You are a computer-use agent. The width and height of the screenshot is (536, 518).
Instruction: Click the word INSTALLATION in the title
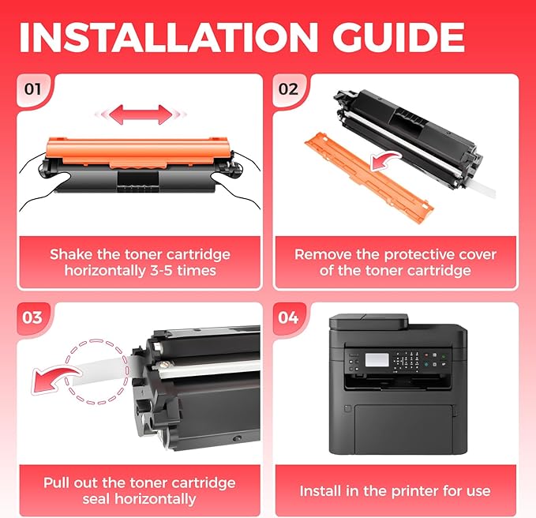pos(168,37)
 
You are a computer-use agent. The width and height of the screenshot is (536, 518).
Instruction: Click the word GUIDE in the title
pos(399,37)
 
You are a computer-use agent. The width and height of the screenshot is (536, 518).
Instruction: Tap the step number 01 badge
pos(32,89)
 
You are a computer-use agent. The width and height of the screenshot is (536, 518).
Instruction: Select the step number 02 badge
pos(288,89)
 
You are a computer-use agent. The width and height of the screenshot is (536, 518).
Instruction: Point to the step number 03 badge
pos(32,317)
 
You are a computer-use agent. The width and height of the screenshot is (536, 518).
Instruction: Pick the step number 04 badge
pos(288,317)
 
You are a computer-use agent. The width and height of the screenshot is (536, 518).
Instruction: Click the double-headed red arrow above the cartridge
pos(141,114)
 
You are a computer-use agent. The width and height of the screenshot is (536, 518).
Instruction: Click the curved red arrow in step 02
pos(385,161)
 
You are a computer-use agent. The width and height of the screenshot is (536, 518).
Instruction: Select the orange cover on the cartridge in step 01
pos(137,151)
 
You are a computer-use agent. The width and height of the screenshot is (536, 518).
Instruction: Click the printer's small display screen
pos(377,360)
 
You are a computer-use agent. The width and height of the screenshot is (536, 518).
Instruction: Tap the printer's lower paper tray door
pos(403,430)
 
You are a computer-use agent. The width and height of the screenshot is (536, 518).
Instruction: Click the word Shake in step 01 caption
pos(72,254)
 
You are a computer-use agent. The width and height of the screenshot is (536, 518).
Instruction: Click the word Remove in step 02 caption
pos(324,254)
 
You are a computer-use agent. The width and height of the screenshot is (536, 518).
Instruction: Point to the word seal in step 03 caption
pos(97,499)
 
